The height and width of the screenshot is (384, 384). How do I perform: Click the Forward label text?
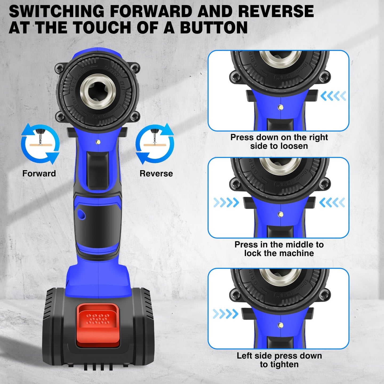39,174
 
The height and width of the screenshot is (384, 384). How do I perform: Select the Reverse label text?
156,174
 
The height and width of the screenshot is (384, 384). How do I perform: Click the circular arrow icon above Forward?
40,144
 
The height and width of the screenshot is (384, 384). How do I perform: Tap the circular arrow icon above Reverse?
155,144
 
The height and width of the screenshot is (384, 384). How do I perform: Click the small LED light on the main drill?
98,142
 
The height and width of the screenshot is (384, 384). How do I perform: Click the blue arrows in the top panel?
333,96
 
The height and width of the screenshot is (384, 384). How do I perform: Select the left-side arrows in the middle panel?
226,203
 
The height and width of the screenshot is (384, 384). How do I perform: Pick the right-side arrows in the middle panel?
332,203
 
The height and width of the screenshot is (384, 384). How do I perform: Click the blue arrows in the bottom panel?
226,314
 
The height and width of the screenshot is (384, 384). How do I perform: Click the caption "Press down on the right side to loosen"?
279,142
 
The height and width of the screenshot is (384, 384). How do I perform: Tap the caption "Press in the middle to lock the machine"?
279,249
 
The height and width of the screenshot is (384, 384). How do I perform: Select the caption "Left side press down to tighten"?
279,360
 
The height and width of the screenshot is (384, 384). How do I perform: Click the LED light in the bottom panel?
280,325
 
